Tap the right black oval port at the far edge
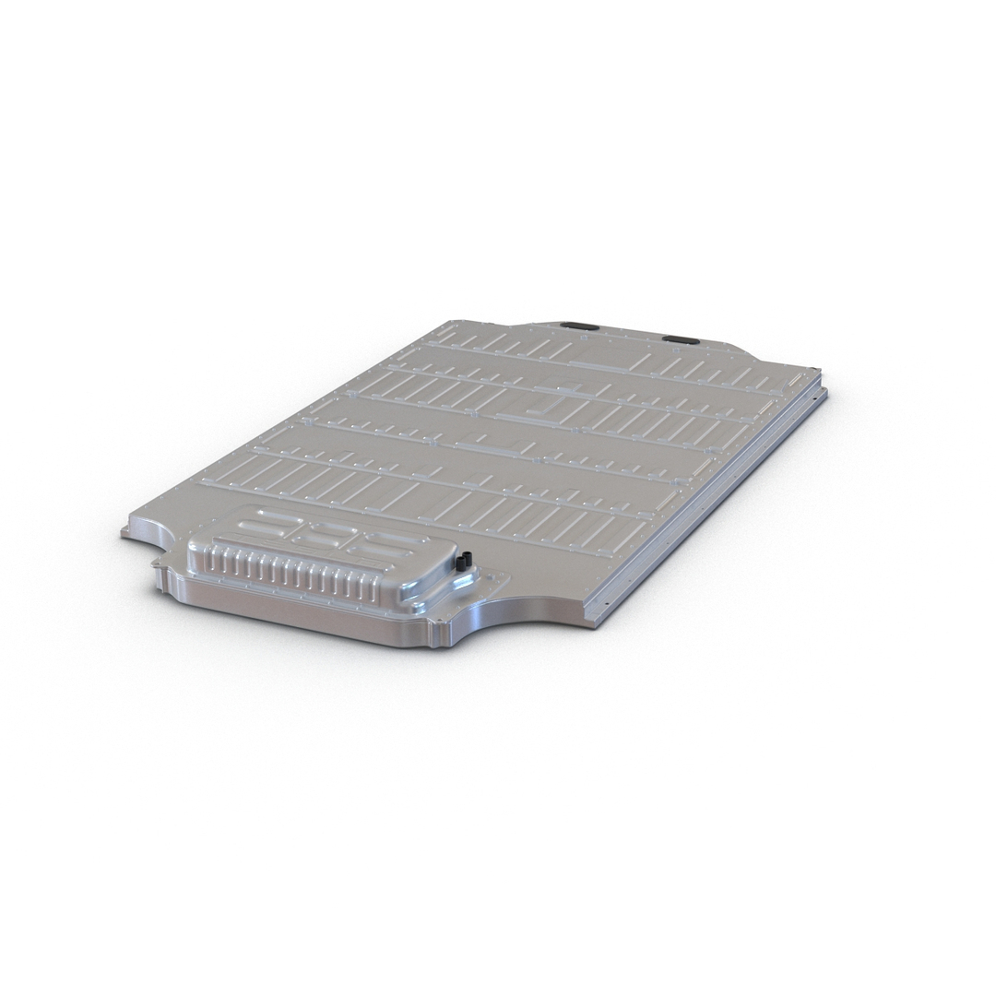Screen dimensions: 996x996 [681, 338]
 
